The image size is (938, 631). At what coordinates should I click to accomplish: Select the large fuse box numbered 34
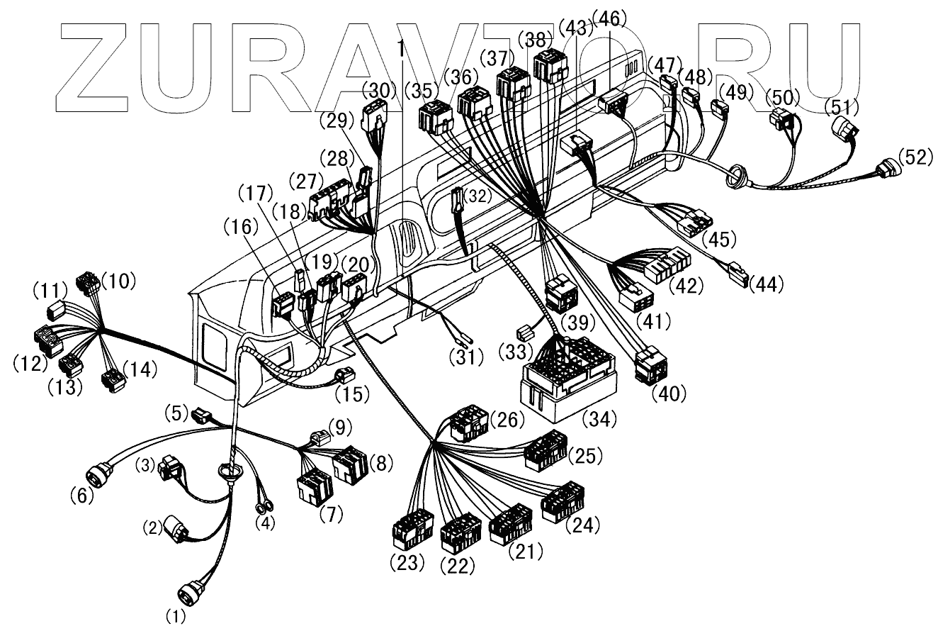[x=566, y=376]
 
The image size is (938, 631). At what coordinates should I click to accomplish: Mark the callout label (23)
[x=407, y=564]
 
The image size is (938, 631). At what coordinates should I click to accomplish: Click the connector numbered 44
[x=737, y=272]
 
